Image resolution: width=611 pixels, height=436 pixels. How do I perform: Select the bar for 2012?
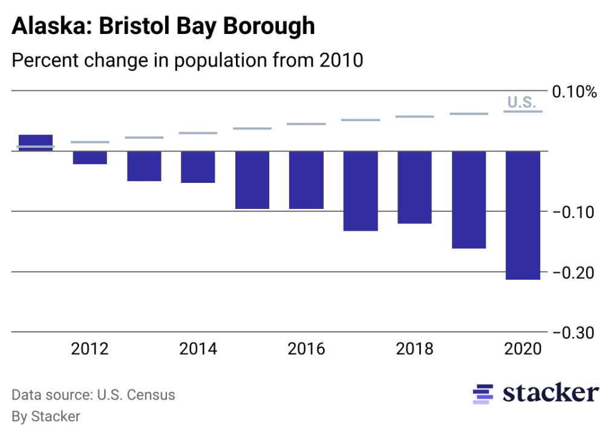tap(90, 157)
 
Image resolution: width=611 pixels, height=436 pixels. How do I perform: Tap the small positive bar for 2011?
tap(36, 142)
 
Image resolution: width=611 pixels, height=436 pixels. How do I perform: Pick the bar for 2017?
tap(361, 191)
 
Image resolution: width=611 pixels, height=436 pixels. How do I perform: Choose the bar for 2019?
tap(469, 199)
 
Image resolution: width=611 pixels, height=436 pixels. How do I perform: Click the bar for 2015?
tap(252, 180)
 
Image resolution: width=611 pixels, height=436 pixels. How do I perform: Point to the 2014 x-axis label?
tap(198, 349)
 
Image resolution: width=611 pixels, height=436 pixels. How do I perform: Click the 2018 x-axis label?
tap(414, 349)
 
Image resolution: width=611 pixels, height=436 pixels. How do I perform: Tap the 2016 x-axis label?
tap(306, 349)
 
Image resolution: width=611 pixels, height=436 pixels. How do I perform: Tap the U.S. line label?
tap(521, 102)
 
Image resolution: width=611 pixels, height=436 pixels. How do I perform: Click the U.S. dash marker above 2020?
tap(523, 111)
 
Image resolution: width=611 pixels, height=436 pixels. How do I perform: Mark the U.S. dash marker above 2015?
tap(252, 128)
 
